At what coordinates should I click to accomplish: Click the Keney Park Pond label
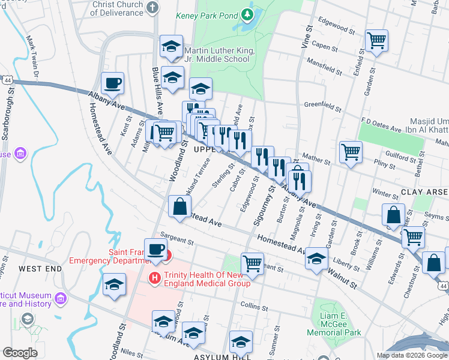[207, 16]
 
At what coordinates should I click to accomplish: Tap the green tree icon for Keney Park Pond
[247, 14]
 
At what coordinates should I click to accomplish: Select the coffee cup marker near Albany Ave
[112, 83]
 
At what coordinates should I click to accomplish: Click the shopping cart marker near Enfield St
[376, 41]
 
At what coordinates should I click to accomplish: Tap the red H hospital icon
[154, 277]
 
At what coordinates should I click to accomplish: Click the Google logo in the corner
[20, 353]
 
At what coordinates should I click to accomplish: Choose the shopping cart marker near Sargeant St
[252, 263]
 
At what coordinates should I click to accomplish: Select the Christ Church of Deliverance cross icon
[152, 8]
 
